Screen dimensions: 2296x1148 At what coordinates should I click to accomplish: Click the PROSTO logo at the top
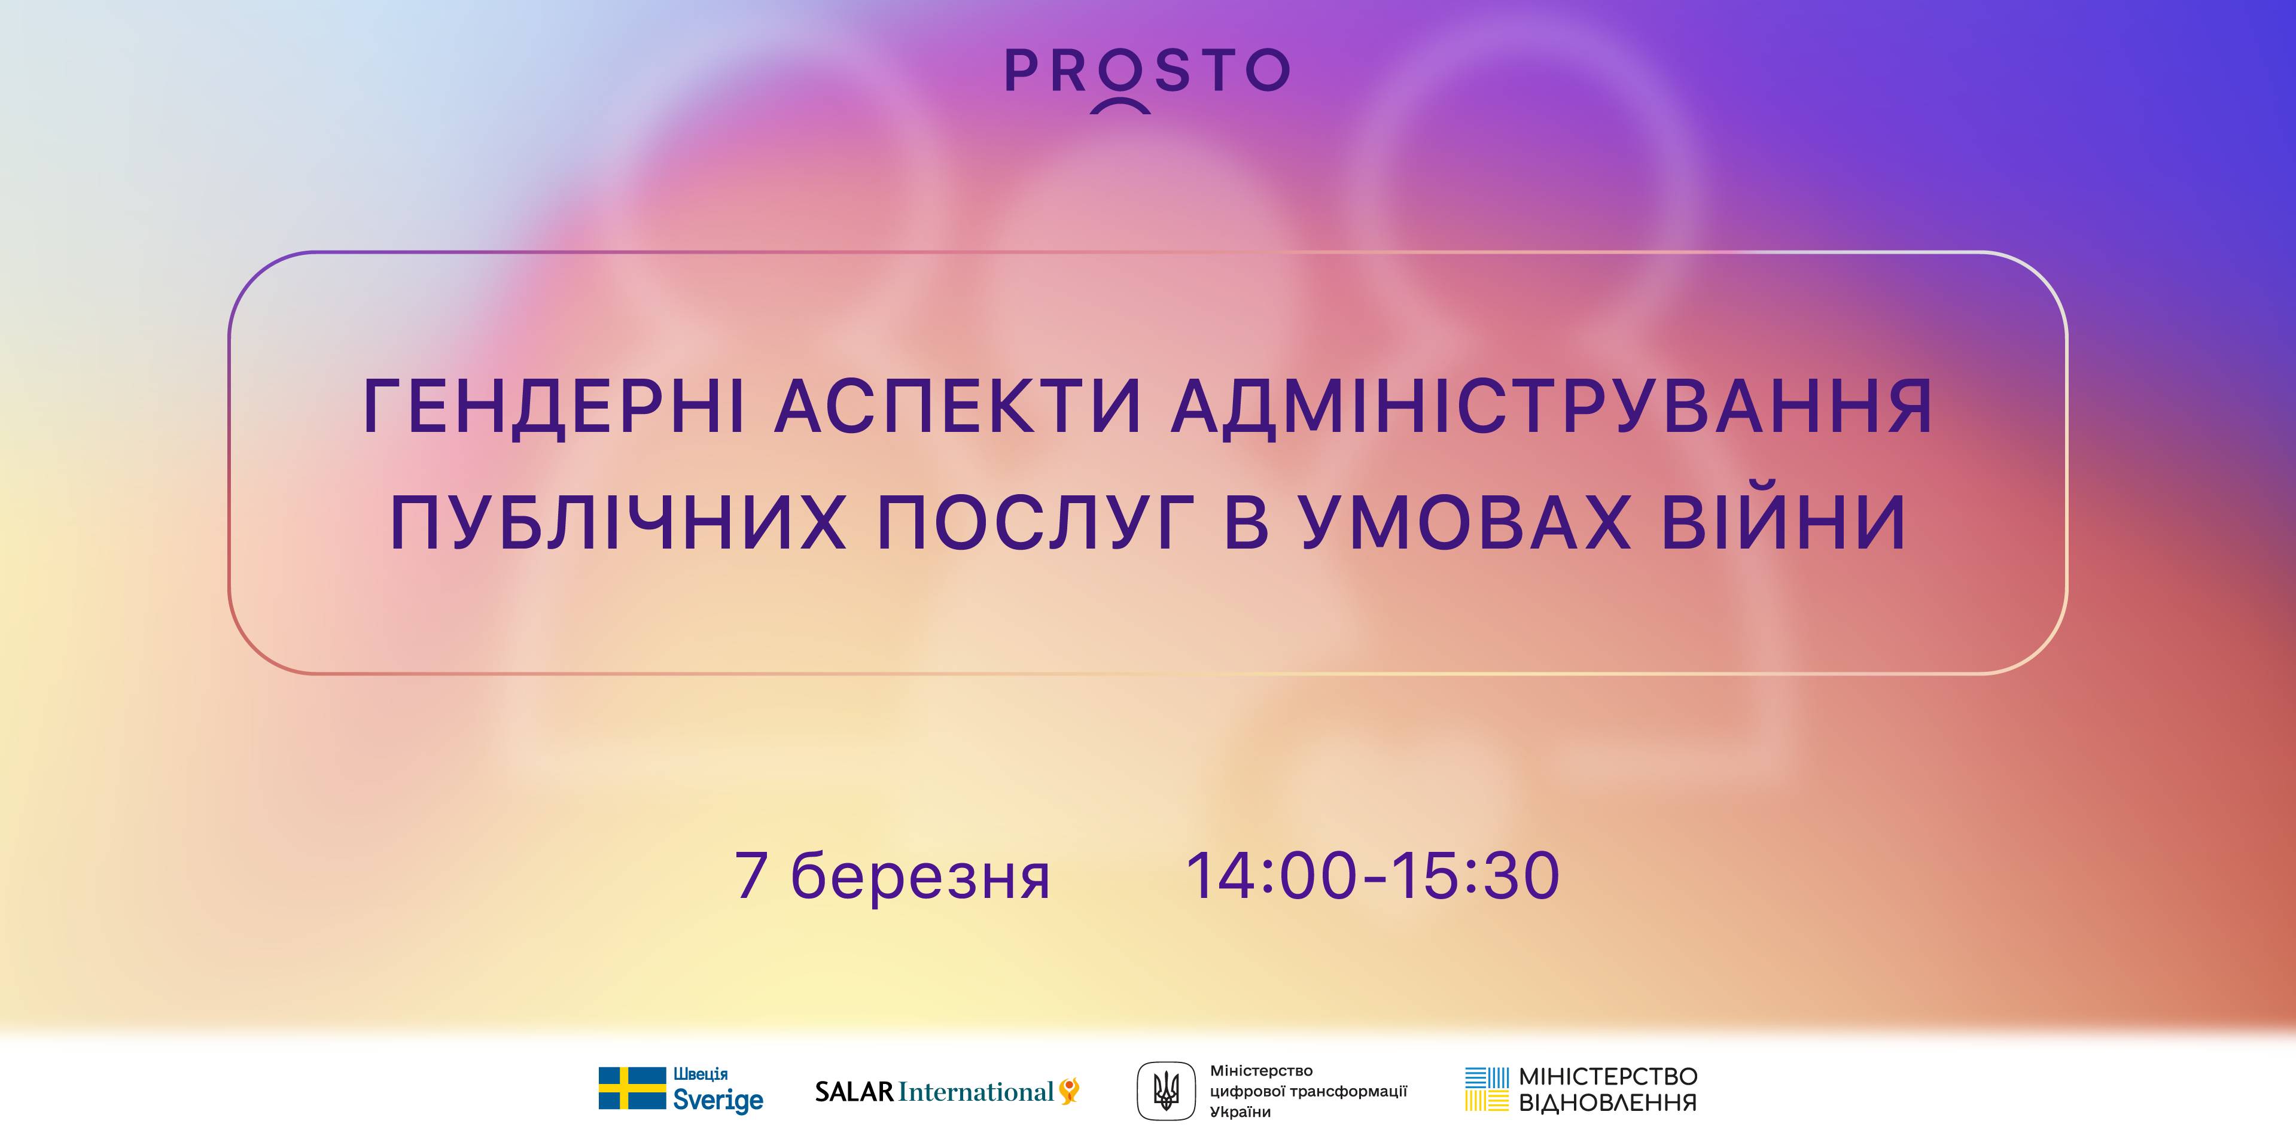tap(1147, 78)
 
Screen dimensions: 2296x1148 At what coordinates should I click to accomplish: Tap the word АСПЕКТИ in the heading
tap(958, 406)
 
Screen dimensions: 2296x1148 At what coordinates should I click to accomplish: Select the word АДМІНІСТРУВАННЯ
tap(1552, 406)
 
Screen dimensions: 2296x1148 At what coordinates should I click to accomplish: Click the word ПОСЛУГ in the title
tap(1036, 524)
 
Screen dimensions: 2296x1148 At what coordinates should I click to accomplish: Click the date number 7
tap(751, 875)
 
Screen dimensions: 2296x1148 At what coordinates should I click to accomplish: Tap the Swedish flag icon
tap(632, 1088)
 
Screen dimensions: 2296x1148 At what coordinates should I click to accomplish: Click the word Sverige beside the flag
tap(717, 1101)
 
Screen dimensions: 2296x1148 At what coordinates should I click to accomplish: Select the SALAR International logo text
tap(934, 1092)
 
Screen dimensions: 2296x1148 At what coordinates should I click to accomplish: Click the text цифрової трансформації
tap(1308, 1092)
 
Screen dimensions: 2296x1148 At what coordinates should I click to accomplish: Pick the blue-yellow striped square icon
tap(1487, 1089)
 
